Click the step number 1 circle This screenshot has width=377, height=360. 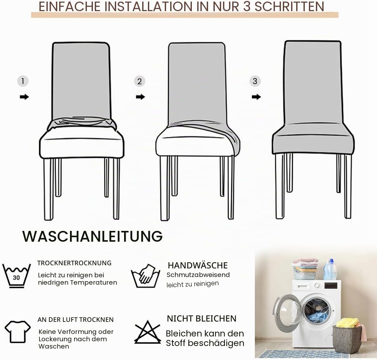pos(23,81)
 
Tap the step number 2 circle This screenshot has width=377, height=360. pos(139,81)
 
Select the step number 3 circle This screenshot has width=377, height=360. pos(255,81)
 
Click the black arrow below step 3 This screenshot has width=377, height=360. pos(256,97)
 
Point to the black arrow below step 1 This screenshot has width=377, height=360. pos(24,97)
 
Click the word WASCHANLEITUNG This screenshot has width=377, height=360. pos(93,236)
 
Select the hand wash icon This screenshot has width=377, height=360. pos(146,276)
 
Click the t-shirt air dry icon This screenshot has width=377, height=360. pos(17,332)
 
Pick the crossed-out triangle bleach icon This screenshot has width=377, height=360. pos(148,332)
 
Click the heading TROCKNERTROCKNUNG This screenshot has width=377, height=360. pos(74,263)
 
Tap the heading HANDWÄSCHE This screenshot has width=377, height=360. pos(198,265)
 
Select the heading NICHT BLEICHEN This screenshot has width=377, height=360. pos(202,319)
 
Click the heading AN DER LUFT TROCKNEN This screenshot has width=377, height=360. pos(75,320)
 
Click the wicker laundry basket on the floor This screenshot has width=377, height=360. pos(347,339)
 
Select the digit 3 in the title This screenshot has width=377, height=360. pos(247,6)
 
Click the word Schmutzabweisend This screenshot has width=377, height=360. pos(198,275)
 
